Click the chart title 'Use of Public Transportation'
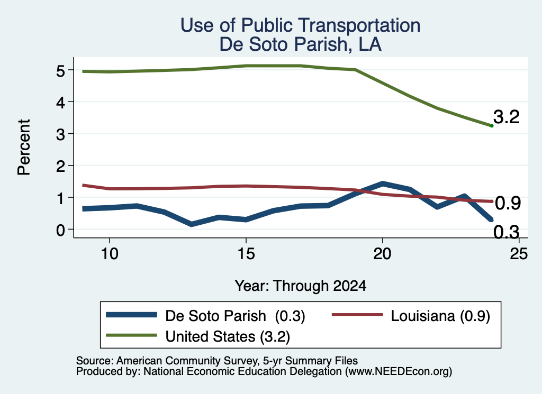coord(301,25)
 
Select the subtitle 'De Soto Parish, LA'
coord(301,44)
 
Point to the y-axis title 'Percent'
coord(24,148)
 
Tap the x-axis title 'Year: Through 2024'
coord(301,286)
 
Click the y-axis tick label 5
coord(60,71)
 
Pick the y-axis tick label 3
coord(60,134)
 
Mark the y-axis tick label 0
coord(60,230)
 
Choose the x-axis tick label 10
coord(110,254)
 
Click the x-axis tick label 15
coord(246,254)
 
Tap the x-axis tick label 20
coord(382,254)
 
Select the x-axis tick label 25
coord(519,254)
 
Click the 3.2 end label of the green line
coord(507,117)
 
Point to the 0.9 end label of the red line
coord(508,203)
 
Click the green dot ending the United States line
coord(492,126)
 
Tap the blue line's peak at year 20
coord(382,184)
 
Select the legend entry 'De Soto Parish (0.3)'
coord(206,316)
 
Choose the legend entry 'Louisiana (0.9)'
coord(411,316)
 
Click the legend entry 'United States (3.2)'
coord(198,336)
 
